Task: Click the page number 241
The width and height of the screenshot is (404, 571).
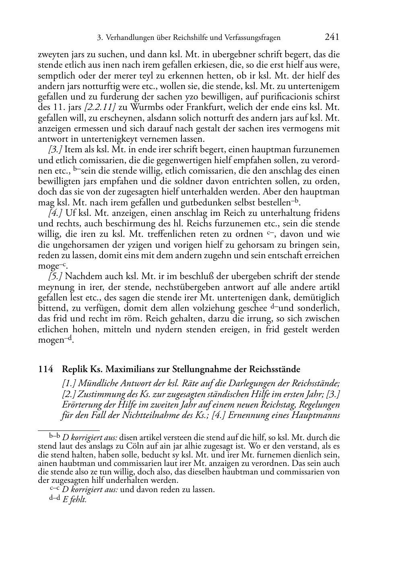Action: [x=332, y=37]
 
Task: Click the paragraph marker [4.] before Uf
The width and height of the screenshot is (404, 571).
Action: [x=55, y=213]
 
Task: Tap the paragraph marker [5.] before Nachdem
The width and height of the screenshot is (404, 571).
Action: [x=55, y=277]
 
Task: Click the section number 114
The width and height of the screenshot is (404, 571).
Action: [x=45, y=369]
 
